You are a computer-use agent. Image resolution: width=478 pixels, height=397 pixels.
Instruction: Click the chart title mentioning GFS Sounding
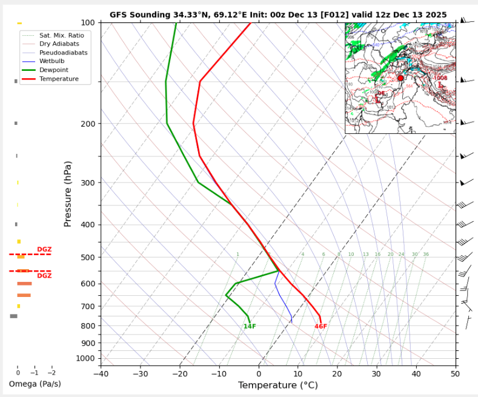click(x=278, y=15)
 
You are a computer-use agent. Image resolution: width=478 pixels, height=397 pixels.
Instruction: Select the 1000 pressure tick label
click(x=85, y=359)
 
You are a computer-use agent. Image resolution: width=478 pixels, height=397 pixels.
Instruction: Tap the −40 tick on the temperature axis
click(x=101, y=374)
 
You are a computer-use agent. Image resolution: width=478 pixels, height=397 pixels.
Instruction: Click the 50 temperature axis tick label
click(x=455, y=374)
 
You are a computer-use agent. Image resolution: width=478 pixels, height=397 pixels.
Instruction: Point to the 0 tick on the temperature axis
click(x=259, y=374)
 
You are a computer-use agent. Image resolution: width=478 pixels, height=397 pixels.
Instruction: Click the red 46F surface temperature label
click(x=320, y=327)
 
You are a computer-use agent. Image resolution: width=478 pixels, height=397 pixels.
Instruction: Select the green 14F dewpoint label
click(x=250, y=327)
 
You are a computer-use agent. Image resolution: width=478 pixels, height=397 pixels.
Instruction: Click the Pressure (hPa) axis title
click(x=68, y=194)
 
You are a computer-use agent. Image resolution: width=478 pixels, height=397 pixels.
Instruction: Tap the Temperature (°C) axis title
click(x=277, y=385)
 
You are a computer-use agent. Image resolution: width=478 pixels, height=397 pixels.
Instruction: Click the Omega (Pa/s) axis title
click(x=35, y=384)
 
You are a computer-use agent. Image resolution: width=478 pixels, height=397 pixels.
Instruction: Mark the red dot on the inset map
click(x=400, y=78)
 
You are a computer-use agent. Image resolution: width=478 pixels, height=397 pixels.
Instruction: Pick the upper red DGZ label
click(x=44, y=250)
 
